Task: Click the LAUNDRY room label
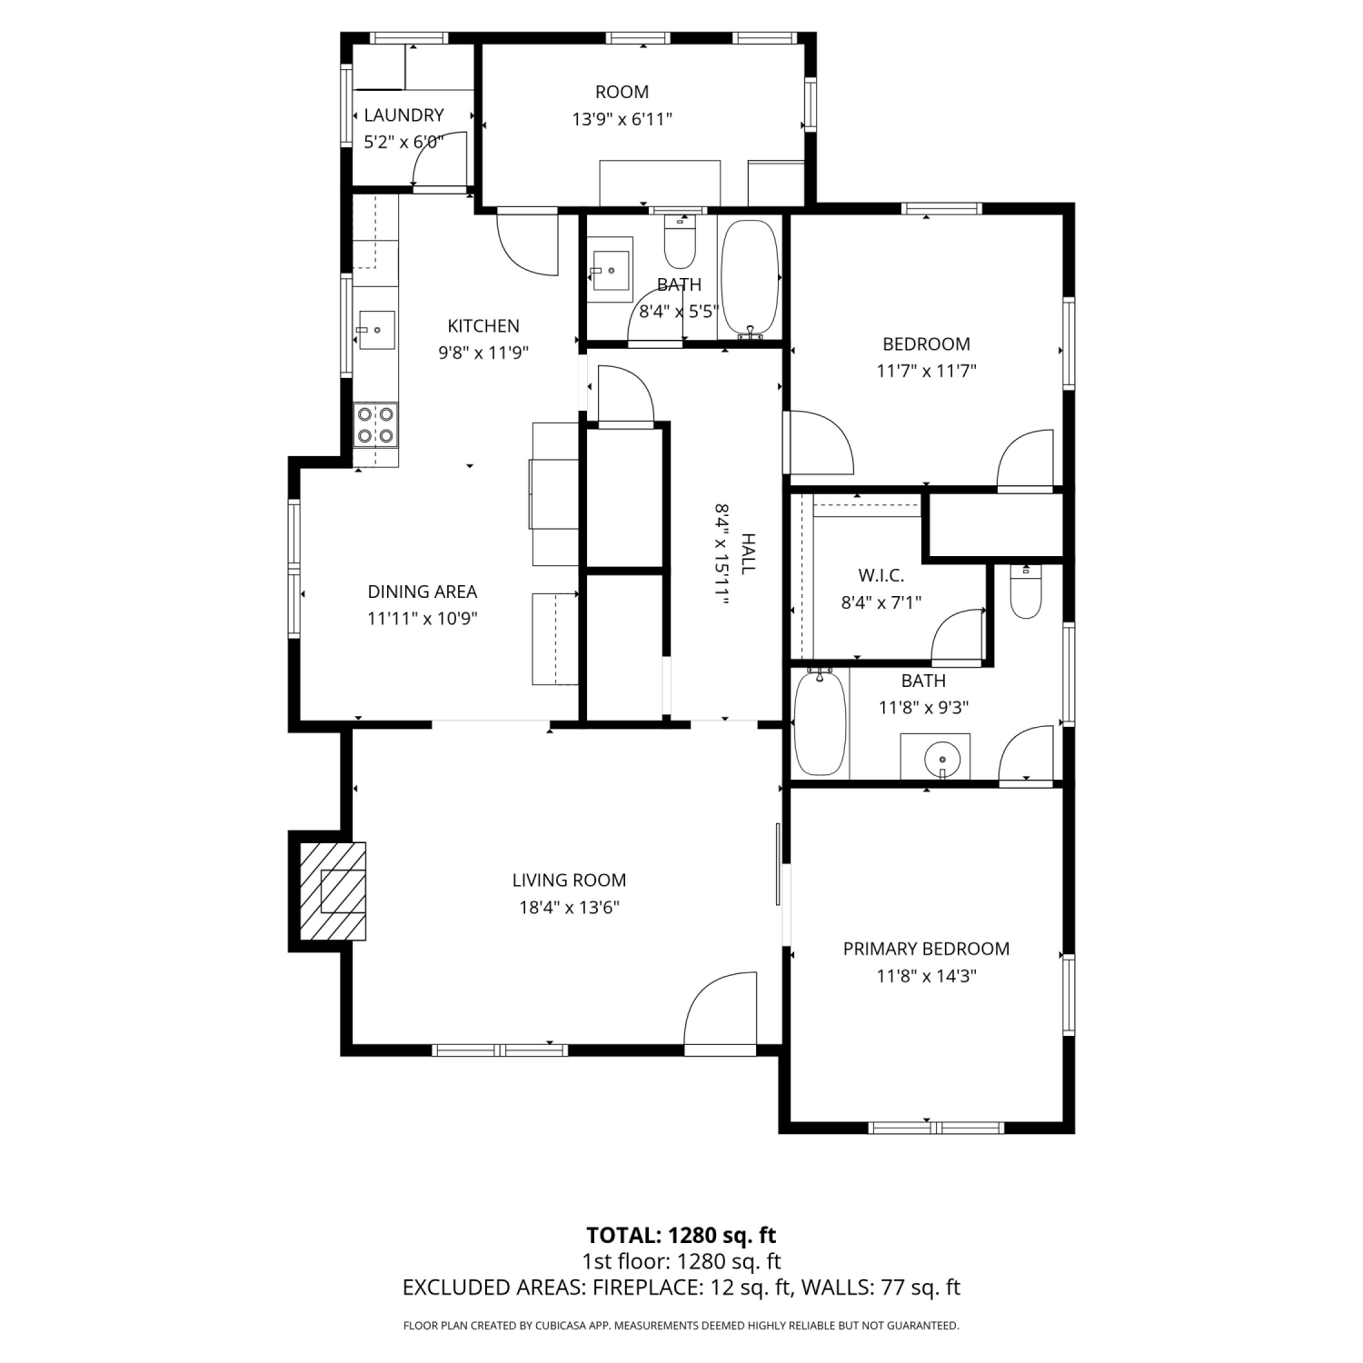coord(403,115)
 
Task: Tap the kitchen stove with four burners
coord(376,425)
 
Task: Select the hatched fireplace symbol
coord(333,891)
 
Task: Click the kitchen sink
coord(376,330)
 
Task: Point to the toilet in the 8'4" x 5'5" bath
coord(680,239)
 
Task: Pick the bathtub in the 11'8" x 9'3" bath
coord(821,722)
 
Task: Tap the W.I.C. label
coord(881,576)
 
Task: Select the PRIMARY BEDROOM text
coord(926,949)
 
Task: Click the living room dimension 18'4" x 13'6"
coord(569,907)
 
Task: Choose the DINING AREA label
coord(423,592)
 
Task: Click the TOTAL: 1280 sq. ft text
coord(681,1235)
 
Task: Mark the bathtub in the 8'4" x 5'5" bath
coord(751,279)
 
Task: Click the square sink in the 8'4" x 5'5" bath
coord(611,270)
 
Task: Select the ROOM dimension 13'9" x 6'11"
coord(622,119)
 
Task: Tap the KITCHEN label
coord(483,326)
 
